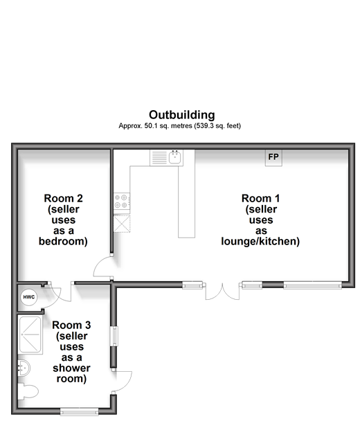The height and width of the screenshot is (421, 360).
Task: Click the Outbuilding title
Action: tap(182, 115)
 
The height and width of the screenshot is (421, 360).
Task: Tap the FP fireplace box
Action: tap(273, 158)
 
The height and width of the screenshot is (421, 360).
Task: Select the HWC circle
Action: tap(29, 297)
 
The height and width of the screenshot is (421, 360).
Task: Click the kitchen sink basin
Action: tap(175, 157)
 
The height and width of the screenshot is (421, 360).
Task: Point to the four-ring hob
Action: tap(122, 201)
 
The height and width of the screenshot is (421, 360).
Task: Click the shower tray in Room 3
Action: tap(30, 335)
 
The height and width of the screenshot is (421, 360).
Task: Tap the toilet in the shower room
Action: tap(28, 392)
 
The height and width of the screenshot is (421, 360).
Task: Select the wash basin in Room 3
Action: tap(24, 368)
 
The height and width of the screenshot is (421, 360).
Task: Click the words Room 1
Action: tap(261, 199)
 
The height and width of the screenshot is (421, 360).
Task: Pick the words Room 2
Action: tap(64, 199)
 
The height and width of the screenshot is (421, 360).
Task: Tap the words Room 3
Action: tap(71, 325)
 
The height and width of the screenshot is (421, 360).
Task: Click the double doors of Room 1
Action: tap(222, 291)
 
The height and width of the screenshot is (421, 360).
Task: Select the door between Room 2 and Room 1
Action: tap(103, 267)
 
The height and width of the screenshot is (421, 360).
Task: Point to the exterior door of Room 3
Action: tap(123, 382)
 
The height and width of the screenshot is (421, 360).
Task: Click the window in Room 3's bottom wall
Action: tap(79, 411)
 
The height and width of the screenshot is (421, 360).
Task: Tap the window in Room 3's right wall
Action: tap(115, 336)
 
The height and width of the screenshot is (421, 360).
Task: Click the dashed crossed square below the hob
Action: tap(122, 224)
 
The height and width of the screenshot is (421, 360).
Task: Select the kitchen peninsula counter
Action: tap(187, 194)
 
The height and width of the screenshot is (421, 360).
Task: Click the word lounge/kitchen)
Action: tap(260, 242)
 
